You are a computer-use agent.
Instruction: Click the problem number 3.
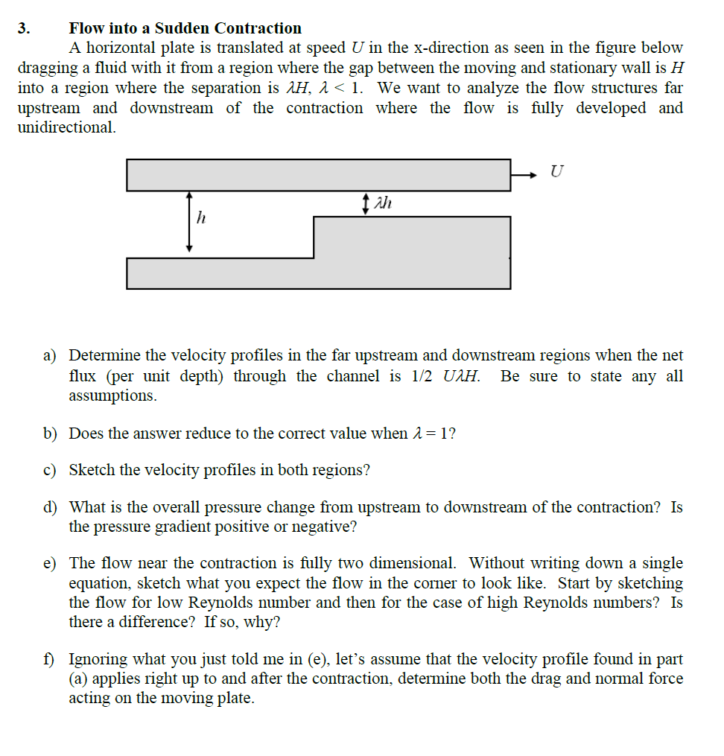pyautogui.click(x=25, y=29)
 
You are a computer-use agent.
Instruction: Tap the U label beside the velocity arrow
pyautogui.click(x=555, y=172)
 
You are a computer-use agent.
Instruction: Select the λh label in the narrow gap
pyautogui.click(x=382, y=203)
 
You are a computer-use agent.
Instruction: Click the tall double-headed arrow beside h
pyautogui.click(x=189, y=221)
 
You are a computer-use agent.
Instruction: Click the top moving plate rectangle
pyautogui.click(x=318, y=175)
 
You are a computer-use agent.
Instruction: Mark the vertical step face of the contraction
pyautogui.click(x=314, y=237)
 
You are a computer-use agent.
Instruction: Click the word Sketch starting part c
pyautogui.click(x=92, y=471)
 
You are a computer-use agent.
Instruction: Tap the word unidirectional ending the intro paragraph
pyautogui.click(x=66, y=127)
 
